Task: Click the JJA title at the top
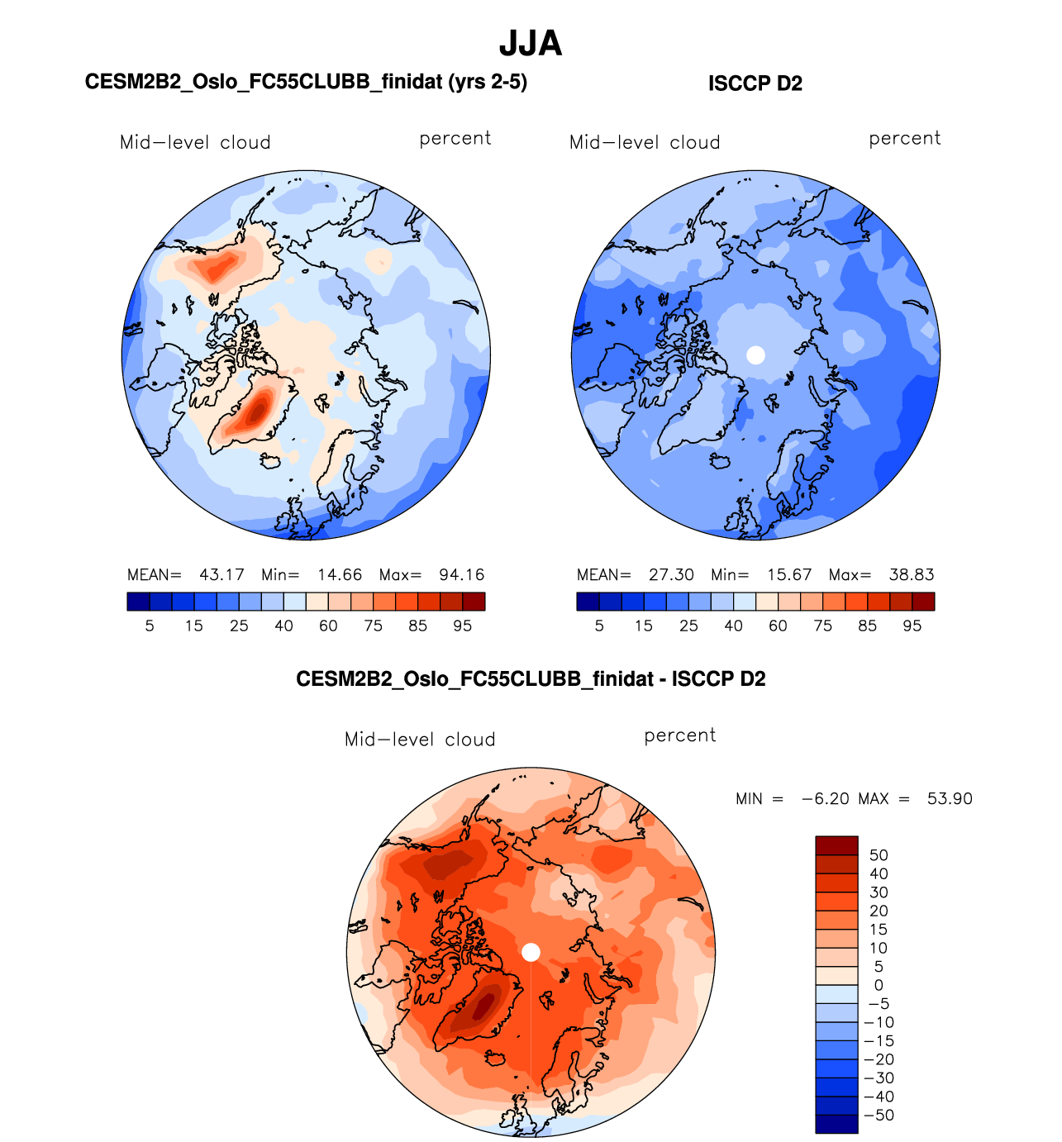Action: click(531, 43)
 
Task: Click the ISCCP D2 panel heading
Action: click(755, 83)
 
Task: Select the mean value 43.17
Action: click(221, 574)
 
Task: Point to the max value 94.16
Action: click(461, 574)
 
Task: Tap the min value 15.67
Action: click(788, 574)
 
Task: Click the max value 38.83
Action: click(911, 574)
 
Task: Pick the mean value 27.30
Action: click(671, 574)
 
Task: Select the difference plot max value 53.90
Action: click(950, 799)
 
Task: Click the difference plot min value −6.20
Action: click(825, 799)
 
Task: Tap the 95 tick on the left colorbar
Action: click(462, 626)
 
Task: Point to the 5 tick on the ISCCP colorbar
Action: click(599, 626)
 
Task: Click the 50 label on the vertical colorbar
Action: click(879, 855)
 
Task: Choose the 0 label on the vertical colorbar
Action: click(879, 985)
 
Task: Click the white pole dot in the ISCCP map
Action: click(755, 354)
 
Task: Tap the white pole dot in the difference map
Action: click(531, 952)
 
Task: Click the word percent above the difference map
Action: click(679, 735)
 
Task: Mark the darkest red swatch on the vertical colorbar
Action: click(836, 845)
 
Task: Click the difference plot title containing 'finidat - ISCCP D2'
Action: click(531, 679)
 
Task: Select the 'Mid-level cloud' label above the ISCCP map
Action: click(645, 142)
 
